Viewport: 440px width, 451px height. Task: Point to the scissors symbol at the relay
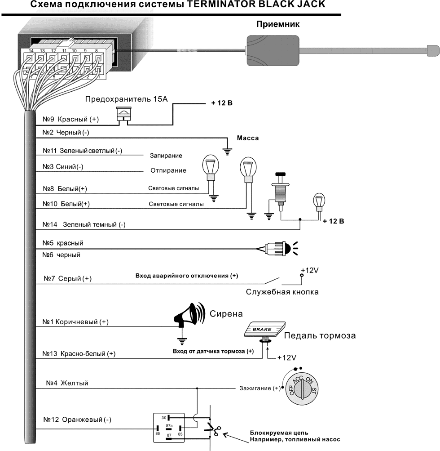click(211, 430)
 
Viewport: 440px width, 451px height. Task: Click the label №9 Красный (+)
click(70, 120)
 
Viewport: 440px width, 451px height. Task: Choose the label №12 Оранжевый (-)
click(79, 420)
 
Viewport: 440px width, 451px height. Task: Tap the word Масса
click(248, 138)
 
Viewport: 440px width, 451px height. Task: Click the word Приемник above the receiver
click(277, 24)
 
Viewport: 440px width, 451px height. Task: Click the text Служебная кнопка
click(282, 292)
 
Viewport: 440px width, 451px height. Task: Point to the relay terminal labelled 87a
click(169, 425)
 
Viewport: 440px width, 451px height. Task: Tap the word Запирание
click(166, 156)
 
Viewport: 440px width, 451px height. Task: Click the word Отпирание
click(168, 170)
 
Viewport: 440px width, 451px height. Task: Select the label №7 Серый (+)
click(68, 279)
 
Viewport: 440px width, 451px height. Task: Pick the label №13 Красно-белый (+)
click(79, 353)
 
